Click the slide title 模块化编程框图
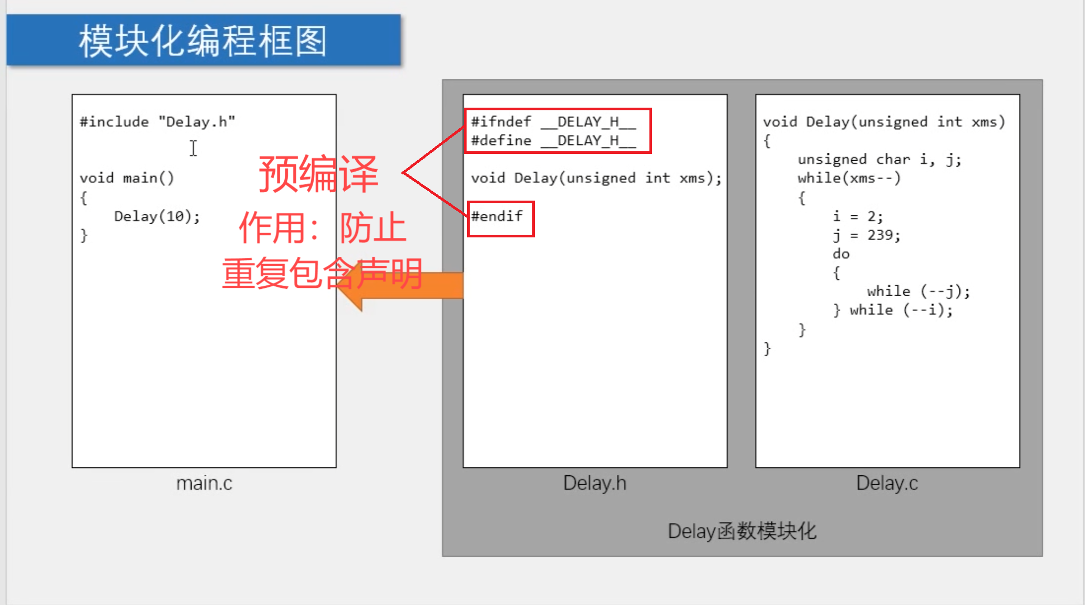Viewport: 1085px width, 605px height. (203, 41)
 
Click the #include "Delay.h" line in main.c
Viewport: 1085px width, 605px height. (157, 122)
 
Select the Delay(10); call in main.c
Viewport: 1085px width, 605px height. (157, 216)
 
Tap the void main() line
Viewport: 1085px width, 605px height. (127, 179)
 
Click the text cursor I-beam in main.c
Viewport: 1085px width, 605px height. (193, 148)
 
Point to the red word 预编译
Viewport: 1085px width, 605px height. (318, 174)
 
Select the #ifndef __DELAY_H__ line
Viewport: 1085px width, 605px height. (553, 122)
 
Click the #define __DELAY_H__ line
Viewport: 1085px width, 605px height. (553, 141)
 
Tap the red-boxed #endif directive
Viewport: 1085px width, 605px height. (497, 216)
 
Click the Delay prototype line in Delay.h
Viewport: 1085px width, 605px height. (596, 179)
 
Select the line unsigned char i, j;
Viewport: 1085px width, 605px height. (879, 160)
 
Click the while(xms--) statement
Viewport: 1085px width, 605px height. (849, 179)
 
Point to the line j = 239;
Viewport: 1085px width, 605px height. (866, 235)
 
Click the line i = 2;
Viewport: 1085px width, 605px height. (857, 216)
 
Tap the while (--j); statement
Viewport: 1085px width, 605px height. (918, 291)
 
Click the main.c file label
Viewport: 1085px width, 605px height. (204, 483)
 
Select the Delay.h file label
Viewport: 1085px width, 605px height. (595, 483)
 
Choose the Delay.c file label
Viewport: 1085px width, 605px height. (887, 483)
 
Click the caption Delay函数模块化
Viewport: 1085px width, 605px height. (742, 531)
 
